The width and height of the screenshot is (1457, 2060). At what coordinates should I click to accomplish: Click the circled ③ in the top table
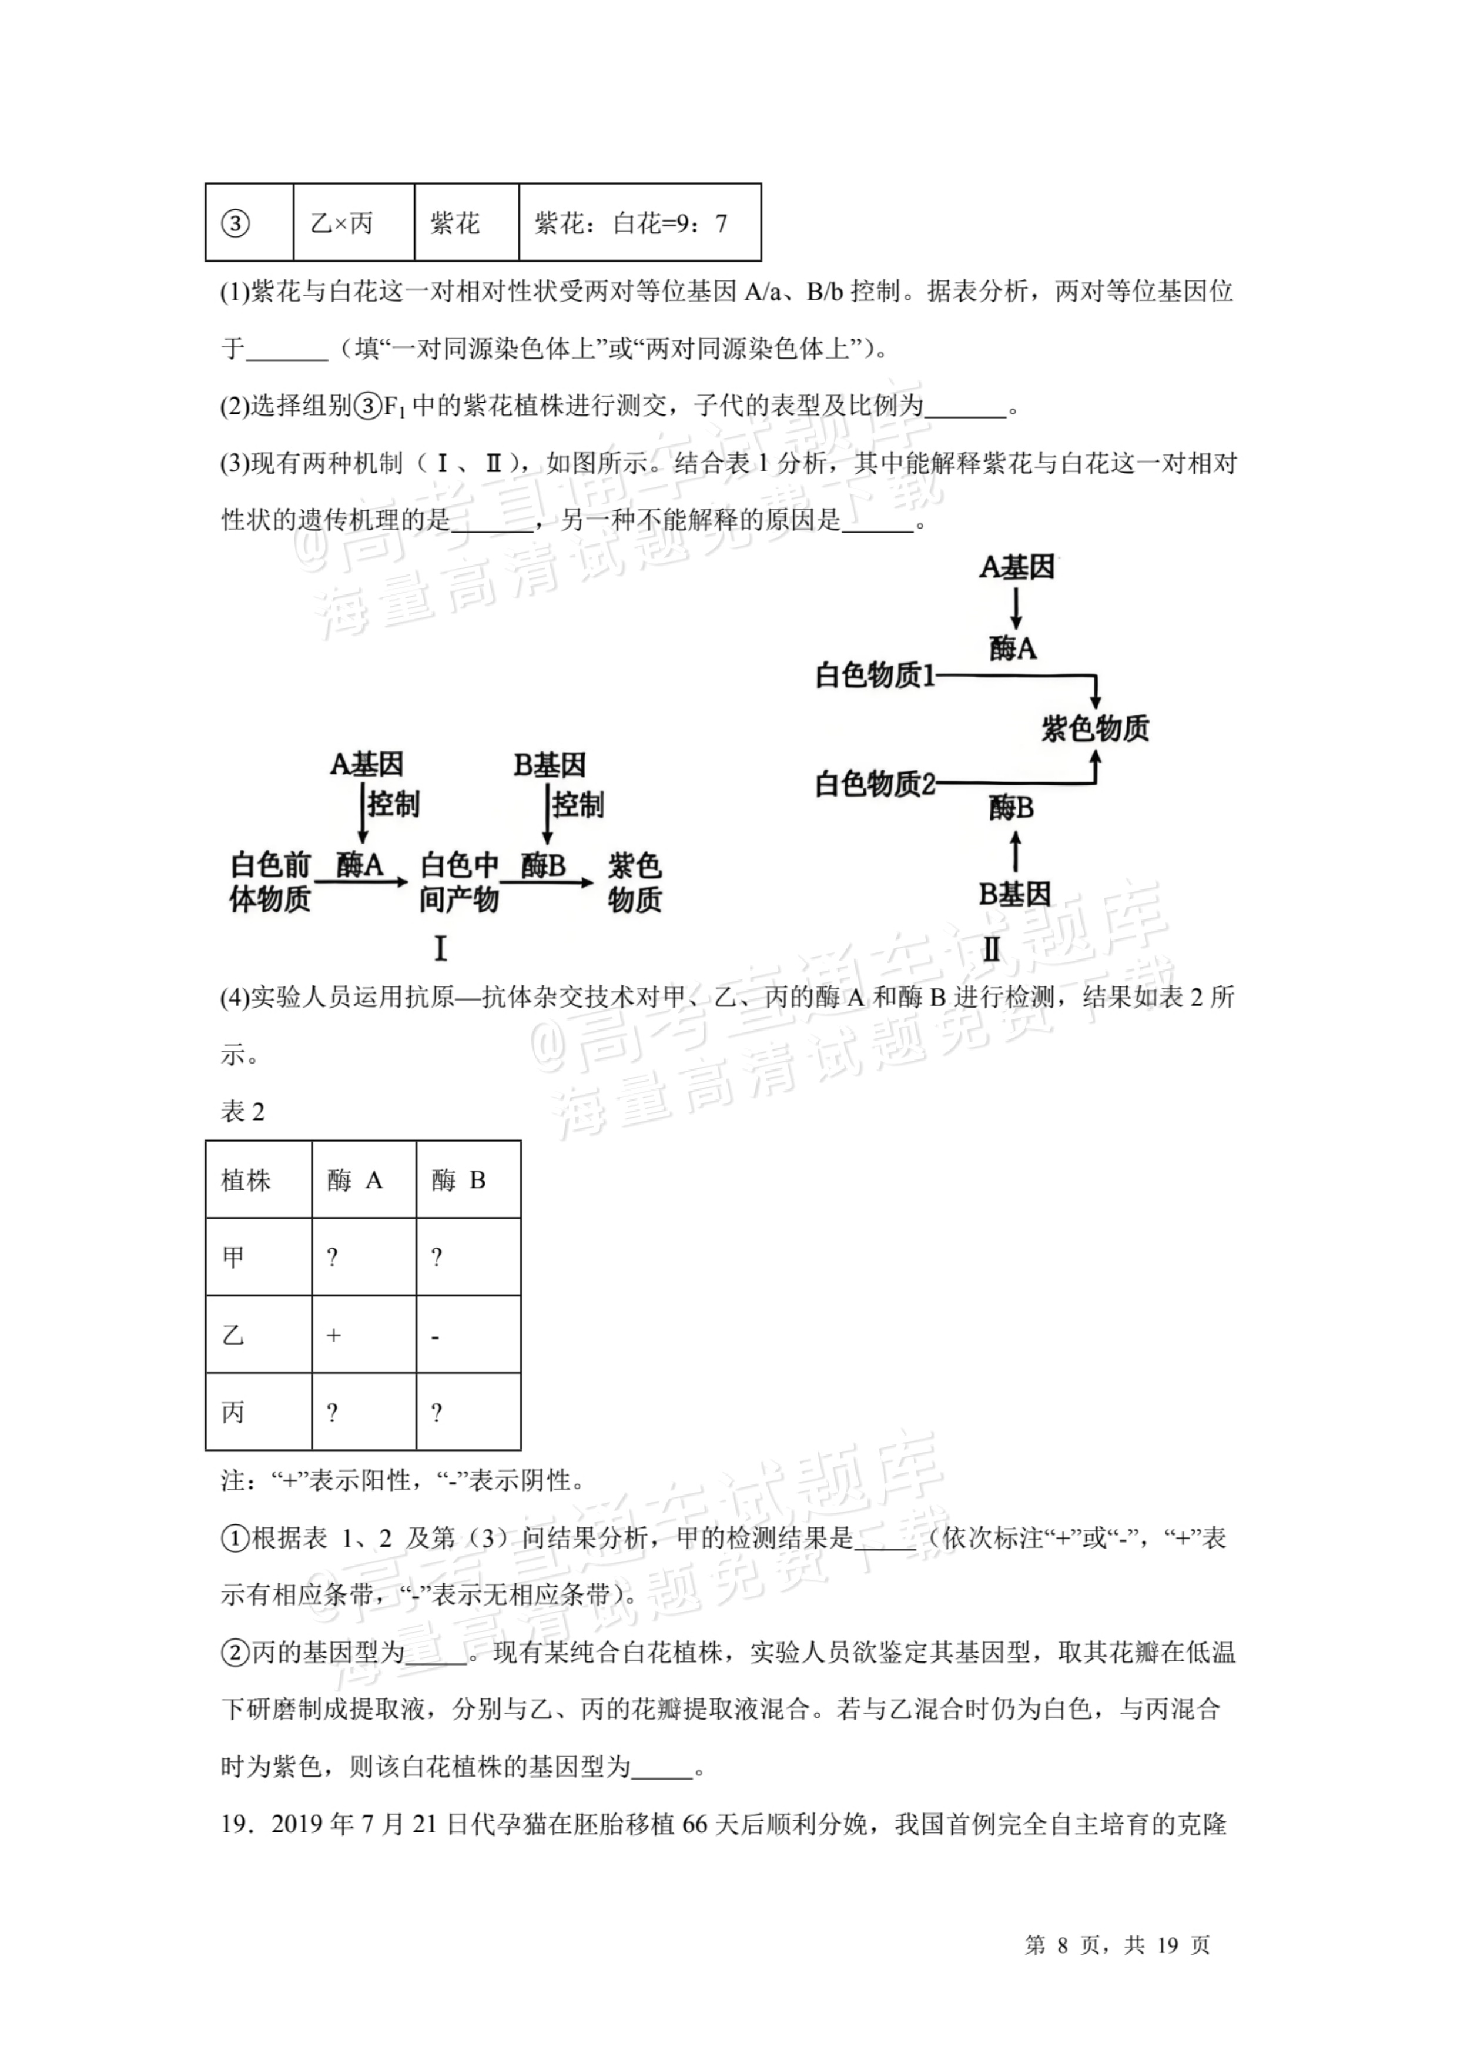tap(235, 223)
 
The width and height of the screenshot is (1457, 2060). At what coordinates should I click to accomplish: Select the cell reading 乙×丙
tap(342, 223)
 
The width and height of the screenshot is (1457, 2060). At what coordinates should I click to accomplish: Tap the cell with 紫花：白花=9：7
tap(631, 223)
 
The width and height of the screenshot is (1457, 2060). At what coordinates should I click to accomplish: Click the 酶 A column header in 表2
tap(355, 1181)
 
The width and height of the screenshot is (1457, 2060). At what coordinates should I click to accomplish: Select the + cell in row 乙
tap(334, 1336)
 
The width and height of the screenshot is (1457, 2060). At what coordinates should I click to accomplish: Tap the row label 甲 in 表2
tap(233, 1258)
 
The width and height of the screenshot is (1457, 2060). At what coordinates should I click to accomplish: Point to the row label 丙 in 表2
tap(233, 1413)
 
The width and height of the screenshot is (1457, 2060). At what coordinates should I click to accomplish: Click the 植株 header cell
tap(246, 1181)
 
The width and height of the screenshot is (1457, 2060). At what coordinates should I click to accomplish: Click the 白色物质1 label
tap(875, 675)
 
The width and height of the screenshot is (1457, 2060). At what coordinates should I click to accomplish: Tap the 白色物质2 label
tap(875, 785)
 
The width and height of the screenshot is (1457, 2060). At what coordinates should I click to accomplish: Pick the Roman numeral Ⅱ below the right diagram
tap(992, 949)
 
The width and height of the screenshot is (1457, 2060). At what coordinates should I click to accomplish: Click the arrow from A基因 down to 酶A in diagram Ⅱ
tap(1016, 608)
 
